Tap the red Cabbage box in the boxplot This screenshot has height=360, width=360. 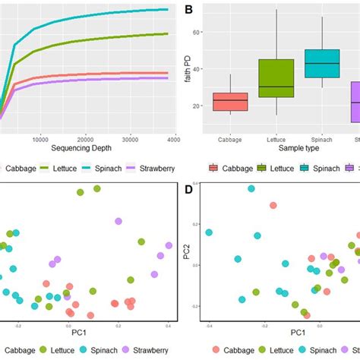coord(230,102)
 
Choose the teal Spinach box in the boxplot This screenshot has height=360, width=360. coord(323,63)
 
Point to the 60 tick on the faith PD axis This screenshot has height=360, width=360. coord(201,33)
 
